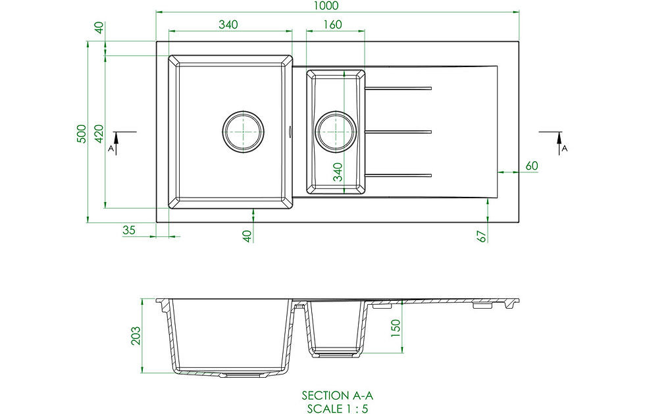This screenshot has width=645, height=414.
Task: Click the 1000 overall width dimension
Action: pos(326,6)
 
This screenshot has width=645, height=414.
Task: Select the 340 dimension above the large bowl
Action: pos(228,24)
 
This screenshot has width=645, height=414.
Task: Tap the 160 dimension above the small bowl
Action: pos(333,24)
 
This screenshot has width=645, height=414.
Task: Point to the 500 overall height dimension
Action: pos(80,134)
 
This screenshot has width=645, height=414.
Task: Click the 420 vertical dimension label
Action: pos(98,134)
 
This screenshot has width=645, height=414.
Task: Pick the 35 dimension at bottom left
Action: pos(129,230)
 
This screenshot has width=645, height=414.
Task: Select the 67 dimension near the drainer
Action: pos(482,236)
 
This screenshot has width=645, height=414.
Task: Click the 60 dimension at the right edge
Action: pos(532,166)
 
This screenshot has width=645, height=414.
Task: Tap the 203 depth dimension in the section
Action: pos(135,335)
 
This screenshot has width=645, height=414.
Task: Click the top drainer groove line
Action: pos(398,88)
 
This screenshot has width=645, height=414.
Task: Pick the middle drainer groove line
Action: pos(398,132)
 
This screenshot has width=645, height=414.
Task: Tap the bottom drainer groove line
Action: pos(398,174)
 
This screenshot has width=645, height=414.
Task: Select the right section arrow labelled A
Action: pos(559,142)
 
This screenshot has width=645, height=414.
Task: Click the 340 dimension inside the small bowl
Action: pos(338,172)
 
